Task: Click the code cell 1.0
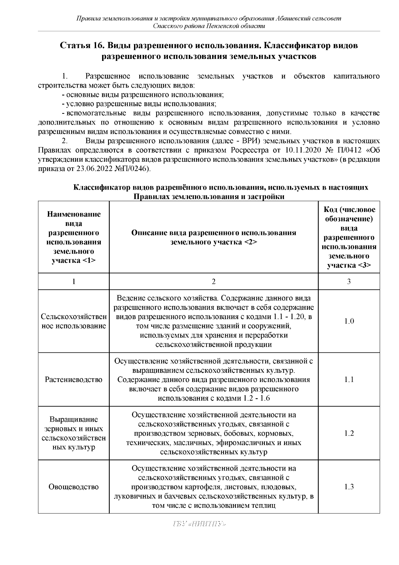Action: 349,321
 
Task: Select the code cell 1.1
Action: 349,380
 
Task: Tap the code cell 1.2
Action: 349,433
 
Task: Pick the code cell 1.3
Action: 349,487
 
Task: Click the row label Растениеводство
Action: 73,380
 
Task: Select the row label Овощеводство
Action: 73,487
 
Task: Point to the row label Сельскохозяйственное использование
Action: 73,321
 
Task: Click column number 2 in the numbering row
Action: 213,282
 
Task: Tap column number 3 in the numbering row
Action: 349,282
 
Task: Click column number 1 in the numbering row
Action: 73,282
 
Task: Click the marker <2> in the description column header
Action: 250,242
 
